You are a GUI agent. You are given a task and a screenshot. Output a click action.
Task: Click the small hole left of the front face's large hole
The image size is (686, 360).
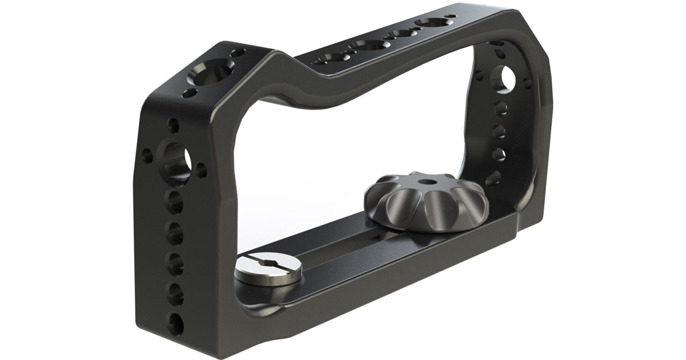click(x=147, y=153)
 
